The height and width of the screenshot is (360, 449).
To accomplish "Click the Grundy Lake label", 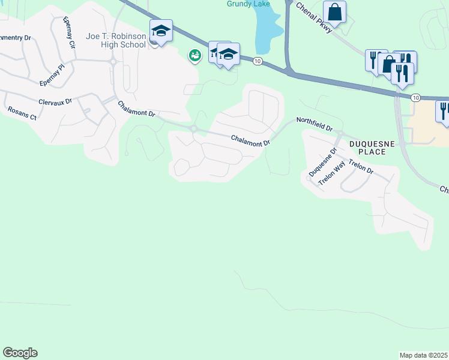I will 249,4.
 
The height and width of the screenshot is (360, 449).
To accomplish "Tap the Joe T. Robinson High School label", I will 116,40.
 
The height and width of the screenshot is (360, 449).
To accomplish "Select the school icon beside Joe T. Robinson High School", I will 161,31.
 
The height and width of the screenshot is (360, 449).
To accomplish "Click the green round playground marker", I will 194,56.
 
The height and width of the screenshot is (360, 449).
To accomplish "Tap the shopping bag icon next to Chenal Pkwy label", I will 335,11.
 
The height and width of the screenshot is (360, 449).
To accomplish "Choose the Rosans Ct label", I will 22,113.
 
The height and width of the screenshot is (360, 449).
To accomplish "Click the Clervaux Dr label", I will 55,101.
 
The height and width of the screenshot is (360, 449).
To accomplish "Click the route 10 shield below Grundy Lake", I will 257,61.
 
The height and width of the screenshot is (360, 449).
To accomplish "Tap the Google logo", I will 20,353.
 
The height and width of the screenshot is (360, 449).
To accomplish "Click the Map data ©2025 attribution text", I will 423,355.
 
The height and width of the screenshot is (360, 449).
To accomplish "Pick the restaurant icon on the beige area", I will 444,111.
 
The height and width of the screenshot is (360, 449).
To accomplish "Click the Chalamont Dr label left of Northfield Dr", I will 251,140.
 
